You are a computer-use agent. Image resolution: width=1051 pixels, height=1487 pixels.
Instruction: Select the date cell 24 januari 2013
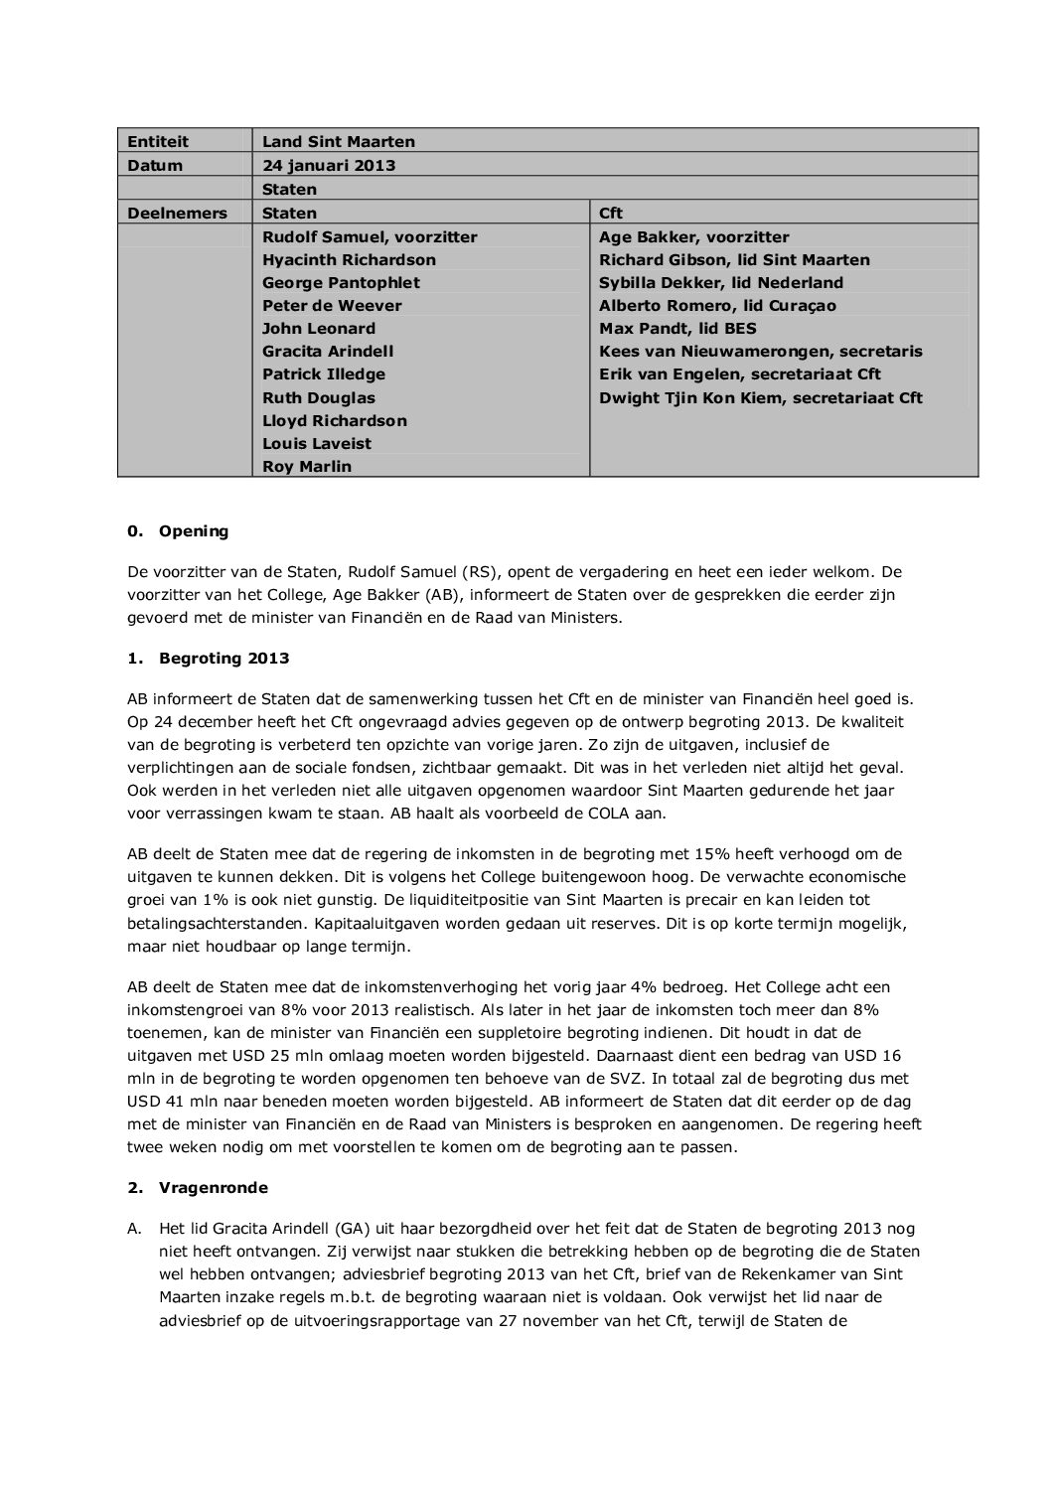tap(328, 165)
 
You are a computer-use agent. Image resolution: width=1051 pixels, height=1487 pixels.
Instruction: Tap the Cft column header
tap(611, 213)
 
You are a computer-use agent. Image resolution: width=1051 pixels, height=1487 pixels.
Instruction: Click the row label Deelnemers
tap(177, 213)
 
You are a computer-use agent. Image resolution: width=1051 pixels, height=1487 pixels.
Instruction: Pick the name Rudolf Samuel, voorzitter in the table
tap(370, 236)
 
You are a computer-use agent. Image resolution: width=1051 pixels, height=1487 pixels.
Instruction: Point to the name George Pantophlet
tap(341, 282)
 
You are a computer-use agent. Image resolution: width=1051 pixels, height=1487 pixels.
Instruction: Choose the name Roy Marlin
tap(306, 466)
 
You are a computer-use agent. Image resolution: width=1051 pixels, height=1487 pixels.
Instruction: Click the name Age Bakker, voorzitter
tap(694, 236)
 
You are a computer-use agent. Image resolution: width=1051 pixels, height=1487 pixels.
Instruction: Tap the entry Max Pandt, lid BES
tap(677, 328)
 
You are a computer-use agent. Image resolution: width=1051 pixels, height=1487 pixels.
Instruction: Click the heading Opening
tap(194, 530)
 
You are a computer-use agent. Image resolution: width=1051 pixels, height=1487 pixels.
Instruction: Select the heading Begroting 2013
tap(224, 659)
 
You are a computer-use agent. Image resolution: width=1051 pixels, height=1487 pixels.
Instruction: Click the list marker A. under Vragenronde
tap(135, 1229)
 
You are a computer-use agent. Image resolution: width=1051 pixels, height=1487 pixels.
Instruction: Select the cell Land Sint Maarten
tap(338, 142)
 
